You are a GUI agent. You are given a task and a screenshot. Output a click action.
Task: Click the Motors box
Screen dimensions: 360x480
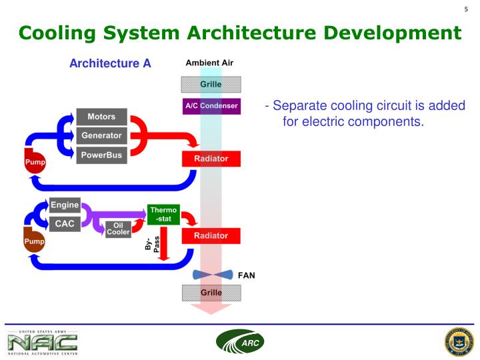point(101,117)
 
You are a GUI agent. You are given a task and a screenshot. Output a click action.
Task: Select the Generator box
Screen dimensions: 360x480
point(101,136)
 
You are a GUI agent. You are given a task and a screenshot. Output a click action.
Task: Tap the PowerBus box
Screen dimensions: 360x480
point(101,155)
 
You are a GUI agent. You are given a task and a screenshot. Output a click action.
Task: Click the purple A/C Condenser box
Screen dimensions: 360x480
point(211,106)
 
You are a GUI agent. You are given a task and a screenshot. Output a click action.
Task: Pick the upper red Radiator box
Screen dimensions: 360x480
point(211,159)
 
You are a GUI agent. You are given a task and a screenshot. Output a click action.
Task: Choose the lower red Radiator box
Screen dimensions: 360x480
point(211,235)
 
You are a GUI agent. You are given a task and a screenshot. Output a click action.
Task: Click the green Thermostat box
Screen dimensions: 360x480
point(163,214)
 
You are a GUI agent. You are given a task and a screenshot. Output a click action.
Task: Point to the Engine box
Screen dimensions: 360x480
point(65,205)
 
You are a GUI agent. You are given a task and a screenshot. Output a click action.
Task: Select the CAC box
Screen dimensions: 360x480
point(65,224)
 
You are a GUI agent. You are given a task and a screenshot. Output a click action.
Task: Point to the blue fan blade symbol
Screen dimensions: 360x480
point(213,275)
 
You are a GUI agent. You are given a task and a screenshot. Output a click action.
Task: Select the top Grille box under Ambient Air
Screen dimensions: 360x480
point(211,84)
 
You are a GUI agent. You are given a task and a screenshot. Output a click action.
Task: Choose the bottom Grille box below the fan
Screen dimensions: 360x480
point(211,293)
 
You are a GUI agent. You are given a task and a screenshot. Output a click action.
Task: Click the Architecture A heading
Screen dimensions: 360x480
point(110,64)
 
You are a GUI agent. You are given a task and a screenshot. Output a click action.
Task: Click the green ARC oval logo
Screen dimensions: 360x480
point(240,342)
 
